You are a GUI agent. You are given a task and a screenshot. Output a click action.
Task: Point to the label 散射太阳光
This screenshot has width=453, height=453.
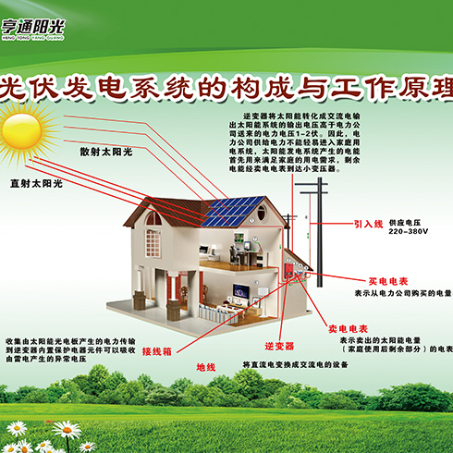click(x=107, y=151)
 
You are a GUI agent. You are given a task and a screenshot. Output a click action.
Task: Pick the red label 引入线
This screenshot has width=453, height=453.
click(x=368, y=224)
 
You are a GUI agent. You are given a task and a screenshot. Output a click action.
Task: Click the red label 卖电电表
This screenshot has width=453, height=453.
click(x=349, y=328)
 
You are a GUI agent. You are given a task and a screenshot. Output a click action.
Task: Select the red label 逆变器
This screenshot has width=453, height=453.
click(x=278, y=346)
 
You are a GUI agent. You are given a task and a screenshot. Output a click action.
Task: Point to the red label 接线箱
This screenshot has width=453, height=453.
click(x=159, y=351)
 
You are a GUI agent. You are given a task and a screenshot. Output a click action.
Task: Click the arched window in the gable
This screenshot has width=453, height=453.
click(x=154, y=218)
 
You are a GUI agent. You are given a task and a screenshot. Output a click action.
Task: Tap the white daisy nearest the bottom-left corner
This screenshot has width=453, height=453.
click(x=17, y=429)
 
